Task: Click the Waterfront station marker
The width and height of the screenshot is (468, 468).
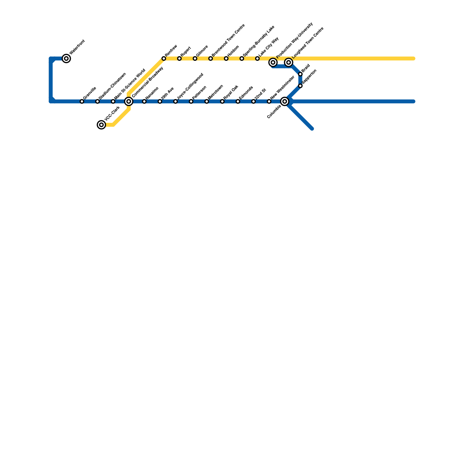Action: (x=67, y=59)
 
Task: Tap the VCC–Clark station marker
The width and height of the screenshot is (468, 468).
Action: (x=101, y=125)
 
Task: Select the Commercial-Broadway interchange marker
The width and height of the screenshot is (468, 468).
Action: (x=129, y=101)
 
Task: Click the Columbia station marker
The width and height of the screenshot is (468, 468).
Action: (x=285, y=101)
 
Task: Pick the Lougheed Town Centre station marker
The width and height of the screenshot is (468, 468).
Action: (x=289, y=62)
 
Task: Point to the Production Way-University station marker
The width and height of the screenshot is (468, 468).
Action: (x=273, y=62)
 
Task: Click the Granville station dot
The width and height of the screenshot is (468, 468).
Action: (x=82, y=101)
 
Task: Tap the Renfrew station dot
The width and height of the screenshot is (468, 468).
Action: (x=164, y=59)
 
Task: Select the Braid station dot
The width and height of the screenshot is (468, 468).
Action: (x=300, y=74)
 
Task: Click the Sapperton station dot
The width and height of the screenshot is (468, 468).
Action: (x=300, y=86)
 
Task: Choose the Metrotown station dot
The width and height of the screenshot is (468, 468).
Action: (x=207, y=101)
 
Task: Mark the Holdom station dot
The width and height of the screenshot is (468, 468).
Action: (x=226, y=59)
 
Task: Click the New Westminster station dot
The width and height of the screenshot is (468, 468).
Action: (x=269, y=101)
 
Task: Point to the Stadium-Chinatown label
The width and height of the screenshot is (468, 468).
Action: (x=112, y=85)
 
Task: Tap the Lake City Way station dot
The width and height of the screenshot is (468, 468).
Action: (x=257, y=59)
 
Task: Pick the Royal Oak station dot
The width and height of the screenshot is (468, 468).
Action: (x=222, y=101)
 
